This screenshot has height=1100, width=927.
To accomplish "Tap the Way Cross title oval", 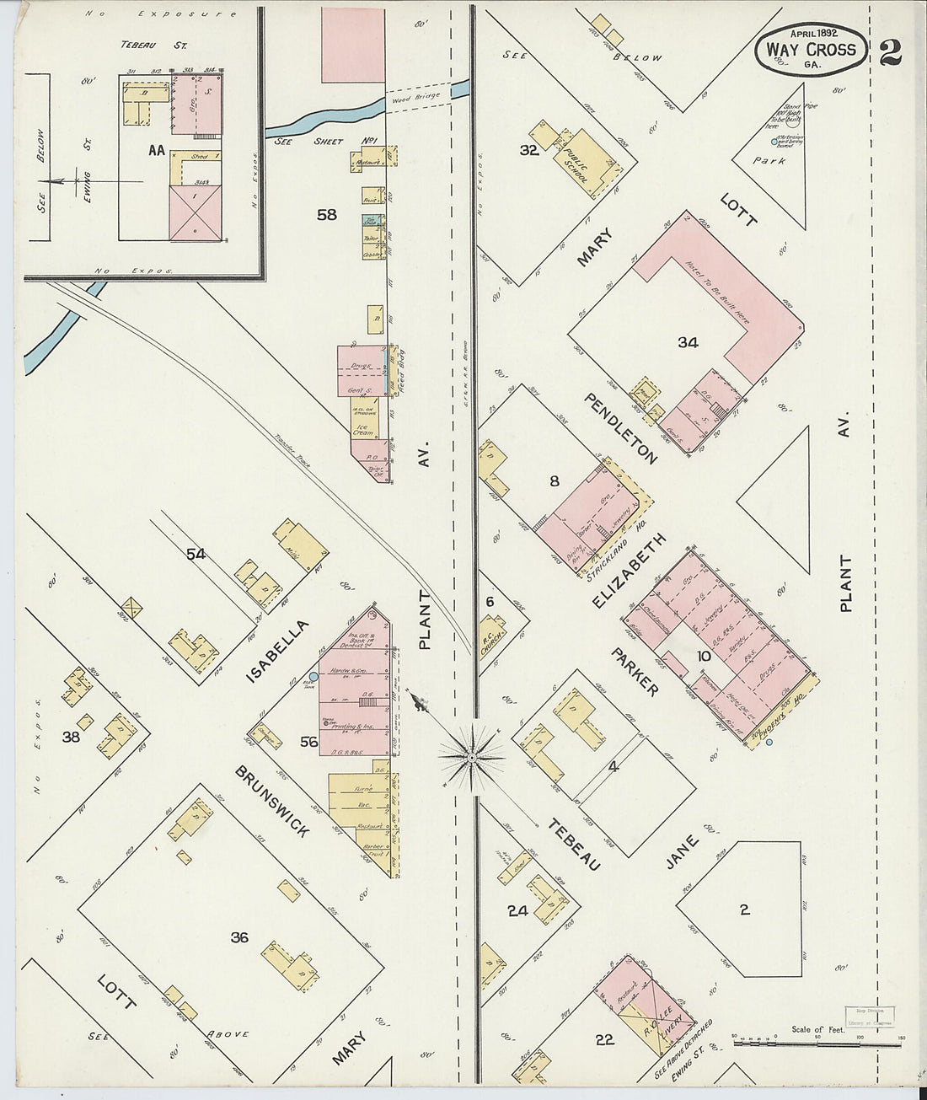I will (x=811, y=50).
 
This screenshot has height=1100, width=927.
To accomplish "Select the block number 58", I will (x=326, y=215).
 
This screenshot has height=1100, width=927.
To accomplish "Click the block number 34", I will (x=688, y=342).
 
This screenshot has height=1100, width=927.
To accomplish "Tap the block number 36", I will (x=239, y=936).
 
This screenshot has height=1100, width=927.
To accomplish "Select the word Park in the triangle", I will (x=770, y=160).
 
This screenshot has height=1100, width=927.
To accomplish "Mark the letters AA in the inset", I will (x=156, y=152).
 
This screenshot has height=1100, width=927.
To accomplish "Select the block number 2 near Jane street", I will (x=743, y=910).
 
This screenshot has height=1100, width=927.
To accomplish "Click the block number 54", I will (x=196, y=553).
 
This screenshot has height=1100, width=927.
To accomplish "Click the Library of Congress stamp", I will (x=871, y=1016).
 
